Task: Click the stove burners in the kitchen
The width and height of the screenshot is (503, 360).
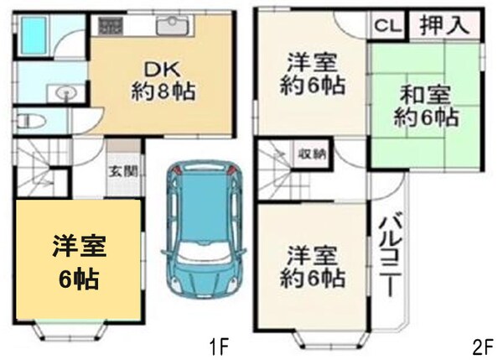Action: point(111,24)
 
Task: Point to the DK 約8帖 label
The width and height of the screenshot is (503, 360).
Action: point(163,79)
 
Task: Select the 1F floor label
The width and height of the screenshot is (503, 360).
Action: point(219,345)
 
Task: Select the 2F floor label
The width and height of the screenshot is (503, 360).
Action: point(481,345)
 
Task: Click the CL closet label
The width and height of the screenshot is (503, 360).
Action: point(387,25)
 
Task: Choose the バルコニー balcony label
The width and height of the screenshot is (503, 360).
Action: point(387,252)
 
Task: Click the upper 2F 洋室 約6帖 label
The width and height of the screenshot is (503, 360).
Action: point(314,73)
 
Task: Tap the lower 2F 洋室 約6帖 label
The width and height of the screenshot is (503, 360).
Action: point(314,265)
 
